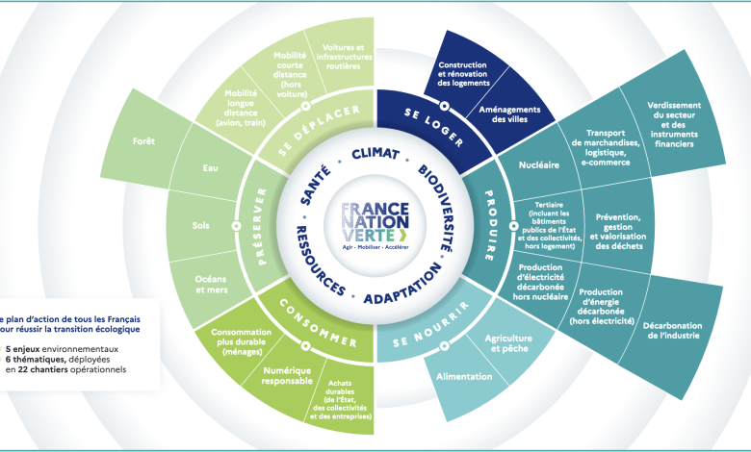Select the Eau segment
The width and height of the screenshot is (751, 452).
coord(210,169)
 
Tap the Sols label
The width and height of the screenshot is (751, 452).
coord(200,226)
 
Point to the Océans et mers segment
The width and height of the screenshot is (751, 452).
coord(210,285)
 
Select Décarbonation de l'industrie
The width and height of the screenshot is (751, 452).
coord(672,330)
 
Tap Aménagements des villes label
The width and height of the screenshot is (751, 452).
coord(509,115)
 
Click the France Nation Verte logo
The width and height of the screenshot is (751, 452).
coord(375,226)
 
